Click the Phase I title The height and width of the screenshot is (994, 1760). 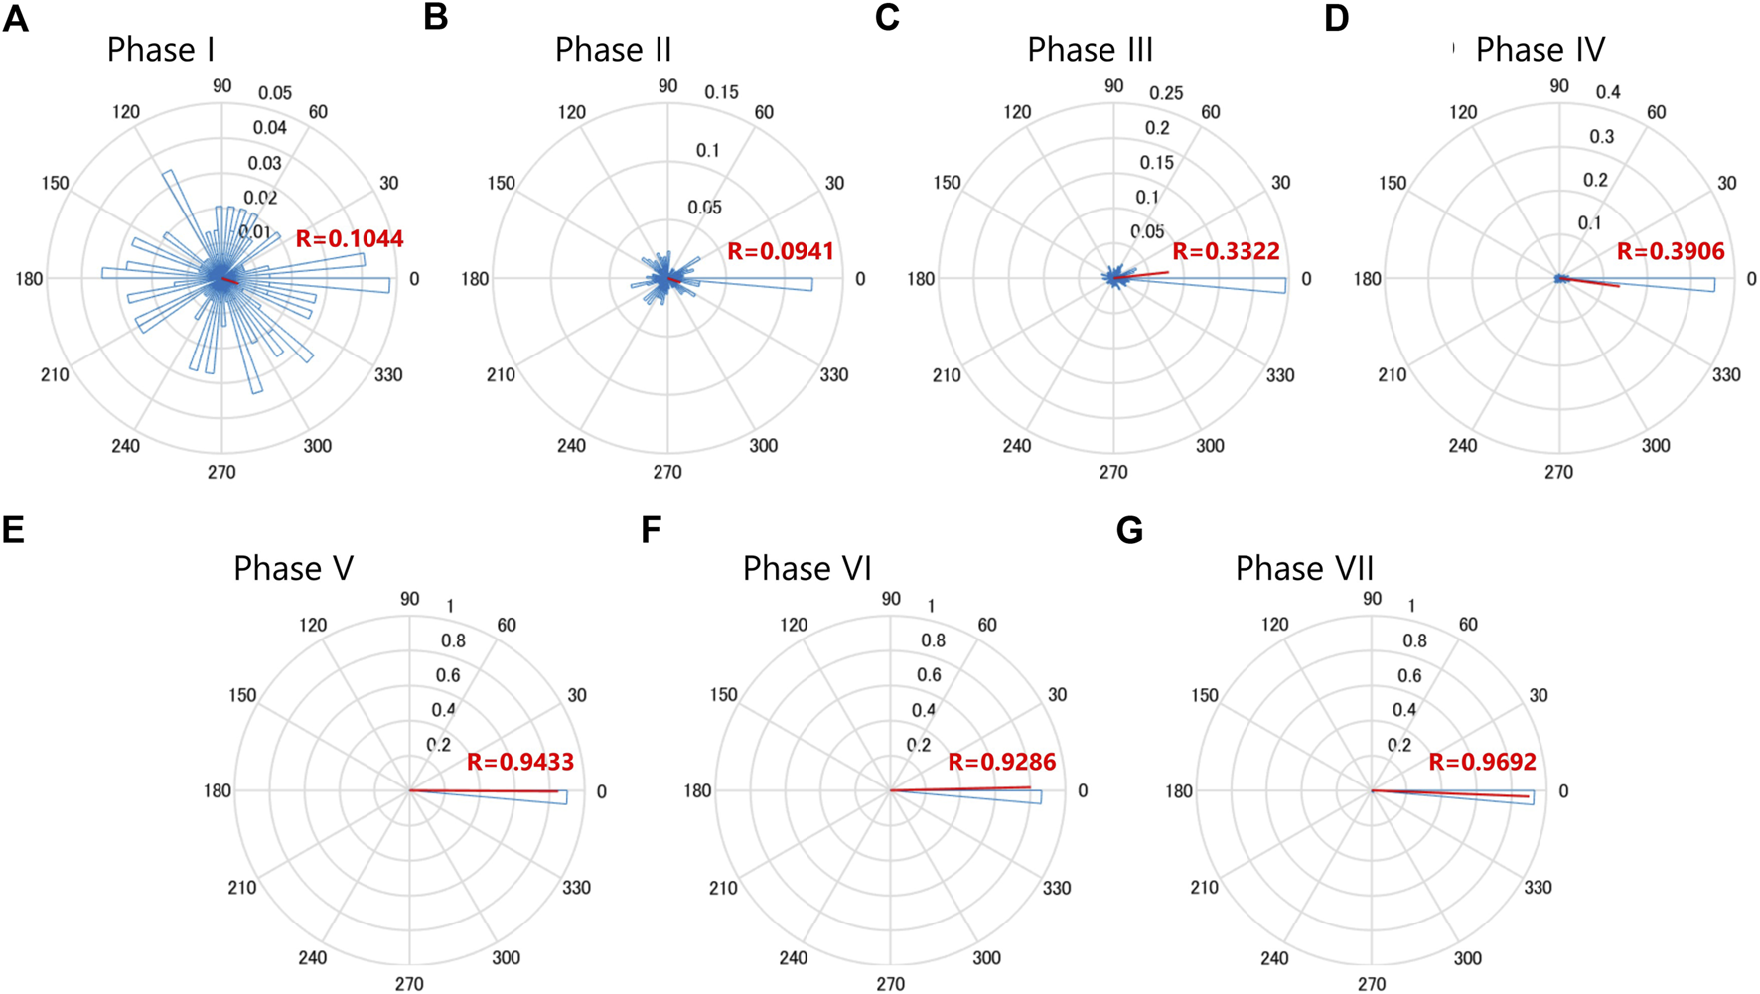161,50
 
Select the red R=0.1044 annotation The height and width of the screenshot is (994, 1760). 350,239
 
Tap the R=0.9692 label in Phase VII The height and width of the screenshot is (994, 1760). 1482,763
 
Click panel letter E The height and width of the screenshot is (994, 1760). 14,530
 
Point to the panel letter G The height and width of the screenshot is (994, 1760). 1129,530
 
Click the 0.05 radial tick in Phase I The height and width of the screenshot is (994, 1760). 275,93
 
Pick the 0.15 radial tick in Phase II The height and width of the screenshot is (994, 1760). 721,92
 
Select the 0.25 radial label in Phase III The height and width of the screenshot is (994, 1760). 1166,93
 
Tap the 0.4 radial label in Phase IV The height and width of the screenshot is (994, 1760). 1608,92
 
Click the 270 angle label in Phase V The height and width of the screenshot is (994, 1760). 409,983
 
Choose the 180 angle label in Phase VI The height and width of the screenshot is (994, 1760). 697,791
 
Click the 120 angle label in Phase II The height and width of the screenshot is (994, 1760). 571,112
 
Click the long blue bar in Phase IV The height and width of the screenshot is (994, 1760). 1669,284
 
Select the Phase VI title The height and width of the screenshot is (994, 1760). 807,569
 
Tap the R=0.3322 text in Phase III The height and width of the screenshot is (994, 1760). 1226,251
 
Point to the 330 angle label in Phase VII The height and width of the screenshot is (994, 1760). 1538,887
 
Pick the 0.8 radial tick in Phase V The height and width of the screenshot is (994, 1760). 453,640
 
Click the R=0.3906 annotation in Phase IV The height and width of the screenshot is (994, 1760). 1671,251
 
